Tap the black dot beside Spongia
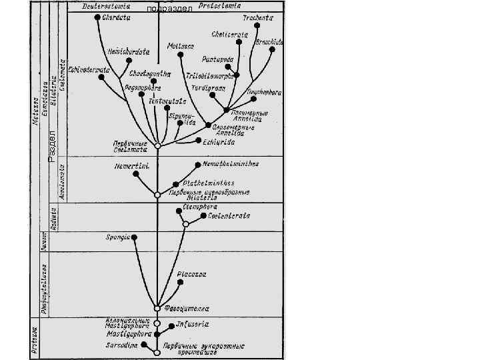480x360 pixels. point(134,237)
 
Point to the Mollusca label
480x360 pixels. point(181,46)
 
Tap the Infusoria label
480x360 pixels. point(193,324)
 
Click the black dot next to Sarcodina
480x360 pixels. point(145,346)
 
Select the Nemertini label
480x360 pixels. point(130,165)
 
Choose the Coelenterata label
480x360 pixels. point(229,215)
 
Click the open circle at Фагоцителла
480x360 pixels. point(157,308)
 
